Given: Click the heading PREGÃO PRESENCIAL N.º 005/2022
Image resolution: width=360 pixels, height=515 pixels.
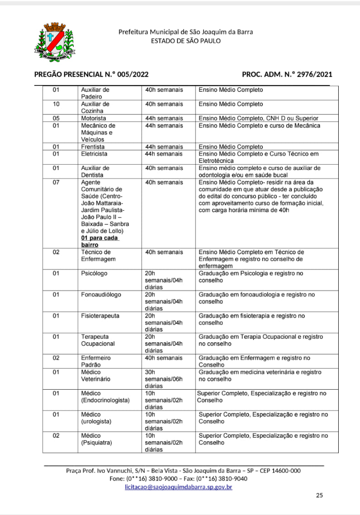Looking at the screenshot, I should click(91, 75).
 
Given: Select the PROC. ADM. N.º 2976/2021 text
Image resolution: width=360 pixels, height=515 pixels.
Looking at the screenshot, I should click(287, 75).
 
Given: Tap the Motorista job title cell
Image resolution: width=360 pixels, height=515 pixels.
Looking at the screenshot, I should click(94, 118).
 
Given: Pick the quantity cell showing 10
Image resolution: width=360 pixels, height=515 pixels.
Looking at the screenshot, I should click(56, 104).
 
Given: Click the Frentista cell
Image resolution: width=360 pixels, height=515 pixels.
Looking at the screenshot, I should click(93, 147).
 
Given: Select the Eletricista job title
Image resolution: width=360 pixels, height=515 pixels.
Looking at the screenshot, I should click(94, 154).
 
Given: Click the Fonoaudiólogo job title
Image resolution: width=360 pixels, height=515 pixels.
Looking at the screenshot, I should click(101, 295).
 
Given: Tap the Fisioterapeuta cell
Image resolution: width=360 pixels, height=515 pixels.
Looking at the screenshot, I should click(100, 316).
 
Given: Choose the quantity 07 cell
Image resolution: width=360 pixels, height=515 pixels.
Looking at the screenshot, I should click(56, 183).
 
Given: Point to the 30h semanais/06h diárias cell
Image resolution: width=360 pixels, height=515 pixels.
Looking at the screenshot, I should click(163, 379).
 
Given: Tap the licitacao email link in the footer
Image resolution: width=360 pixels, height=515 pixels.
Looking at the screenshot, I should click(178, 487).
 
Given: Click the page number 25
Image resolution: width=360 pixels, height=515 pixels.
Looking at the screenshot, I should click(319, 495).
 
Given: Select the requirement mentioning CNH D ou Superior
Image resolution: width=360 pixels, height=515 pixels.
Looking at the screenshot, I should click(259, 118).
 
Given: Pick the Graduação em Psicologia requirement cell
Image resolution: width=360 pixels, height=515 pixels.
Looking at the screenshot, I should click(251, 277).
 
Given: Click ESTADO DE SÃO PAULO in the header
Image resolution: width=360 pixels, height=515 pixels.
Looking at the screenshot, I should click(185, 41).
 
